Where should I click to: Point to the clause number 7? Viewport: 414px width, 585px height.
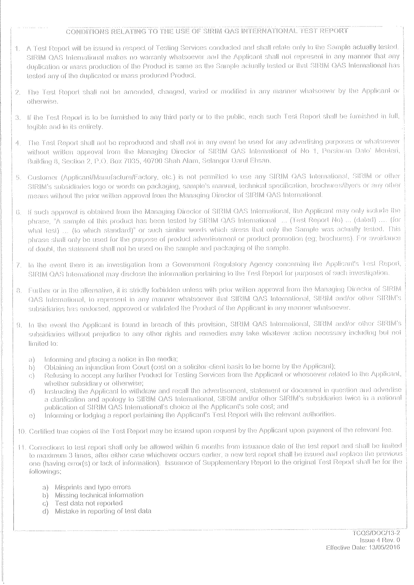tap(18, 265)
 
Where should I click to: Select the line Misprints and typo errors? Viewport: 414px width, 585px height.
tap(93, 487)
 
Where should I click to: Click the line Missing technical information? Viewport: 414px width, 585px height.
tap(99, 495)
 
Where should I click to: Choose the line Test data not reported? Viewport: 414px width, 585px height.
tap(89, 503)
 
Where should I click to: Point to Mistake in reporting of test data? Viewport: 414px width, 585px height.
tap(103, 511)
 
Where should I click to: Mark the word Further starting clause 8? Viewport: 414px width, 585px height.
tap(37, 290)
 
